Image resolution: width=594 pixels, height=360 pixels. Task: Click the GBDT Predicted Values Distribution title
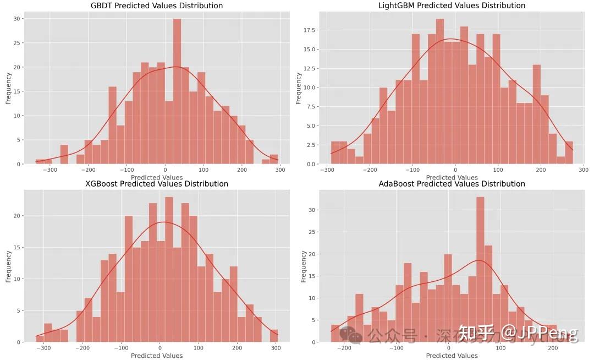point(157,6)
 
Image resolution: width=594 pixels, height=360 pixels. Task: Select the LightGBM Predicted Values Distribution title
point(452,6)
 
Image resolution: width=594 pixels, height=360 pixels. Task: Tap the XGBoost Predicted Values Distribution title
point(157,184)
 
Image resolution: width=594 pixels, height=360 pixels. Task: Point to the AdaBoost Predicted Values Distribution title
point(452,184)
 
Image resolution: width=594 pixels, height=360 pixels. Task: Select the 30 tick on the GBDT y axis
point(17,19)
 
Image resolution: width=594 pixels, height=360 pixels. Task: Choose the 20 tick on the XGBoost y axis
point(17,216)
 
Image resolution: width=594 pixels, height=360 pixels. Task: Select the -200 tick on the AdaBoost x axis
point(344,348)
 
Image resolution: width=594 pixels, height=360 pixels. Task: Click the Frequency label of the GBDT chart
point(8,88)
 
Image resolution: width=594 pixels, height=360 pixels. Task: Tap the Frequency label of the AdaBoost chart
point(303,266)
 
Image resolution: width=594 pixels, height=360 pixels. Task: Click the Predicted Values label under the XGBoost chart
point(157,356)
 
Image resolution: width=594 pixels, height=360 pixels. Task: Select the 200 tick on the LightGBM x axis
point(541,170)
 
